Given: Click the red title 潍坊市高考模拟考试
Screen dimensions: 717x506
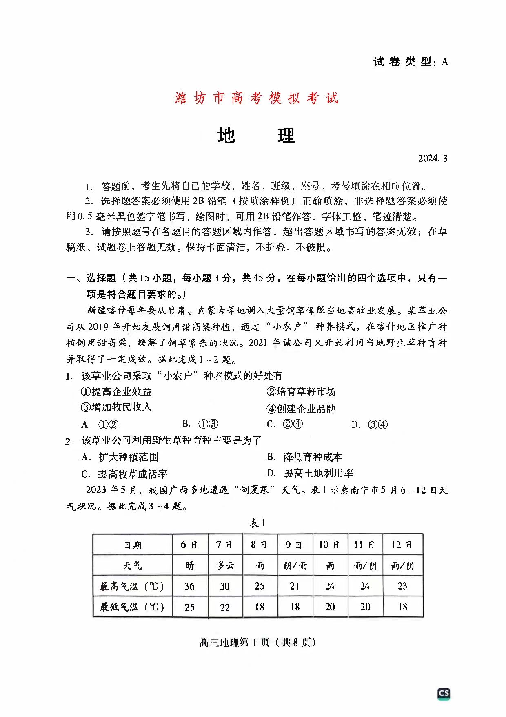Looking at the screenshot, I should coord(256,98).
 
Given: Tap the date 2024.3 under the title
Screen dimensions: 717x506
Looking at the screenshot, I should coord(433,159).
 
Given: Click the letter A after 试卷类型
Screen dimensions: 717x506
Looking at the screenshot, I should coord(445,62).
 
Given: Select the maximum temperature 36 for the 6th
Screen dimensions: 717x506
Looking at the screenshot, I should coord(189,586).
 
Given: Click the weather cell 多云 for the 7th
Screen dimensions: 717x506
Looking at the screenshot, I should coord(225,565).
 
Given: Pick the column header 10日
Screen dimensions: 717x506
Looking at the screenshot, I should coord(329,545).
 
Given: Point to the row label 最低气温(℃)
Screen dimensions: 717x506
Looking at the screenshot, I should coord(132,607).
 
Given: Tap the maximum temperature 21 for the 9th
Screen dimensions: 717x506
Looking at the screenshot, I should coord(295,586).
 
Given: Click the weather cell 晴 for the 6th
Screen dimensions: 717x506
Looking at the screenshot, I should coord(190,565).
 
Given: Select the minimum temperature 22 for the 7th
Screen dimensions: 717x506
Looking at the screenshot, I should coord(225,607).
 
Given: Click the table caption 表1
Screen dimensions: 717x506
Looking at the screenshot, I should coord(257,523).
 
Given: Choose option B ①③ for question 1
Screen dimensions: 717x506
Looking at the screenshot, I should coord(201,424).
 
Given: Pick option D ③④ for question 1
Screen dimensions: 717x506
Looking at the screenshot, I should coord(370,424).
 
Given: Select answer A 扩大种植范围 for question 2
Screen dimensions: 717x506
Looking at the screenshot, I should coord(120,457).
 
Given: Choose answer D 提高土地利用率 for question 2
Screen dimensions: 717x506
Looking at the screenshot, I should coord(311,473).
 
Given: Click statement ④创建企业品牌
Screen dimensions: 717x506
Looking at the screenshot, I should coord(301,409).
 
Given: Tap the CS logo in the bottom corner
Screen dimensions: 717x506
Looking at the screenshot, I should coord(444,693).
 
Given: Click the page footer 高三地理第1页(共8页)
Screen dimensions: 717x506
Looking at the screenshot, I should coord(257,642).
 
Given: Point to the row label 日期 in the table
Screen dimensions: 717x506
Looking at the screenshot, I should coord(133,545).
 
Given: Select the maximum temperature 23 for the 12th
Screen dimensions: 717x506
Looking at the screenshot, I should coord(402,586).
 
